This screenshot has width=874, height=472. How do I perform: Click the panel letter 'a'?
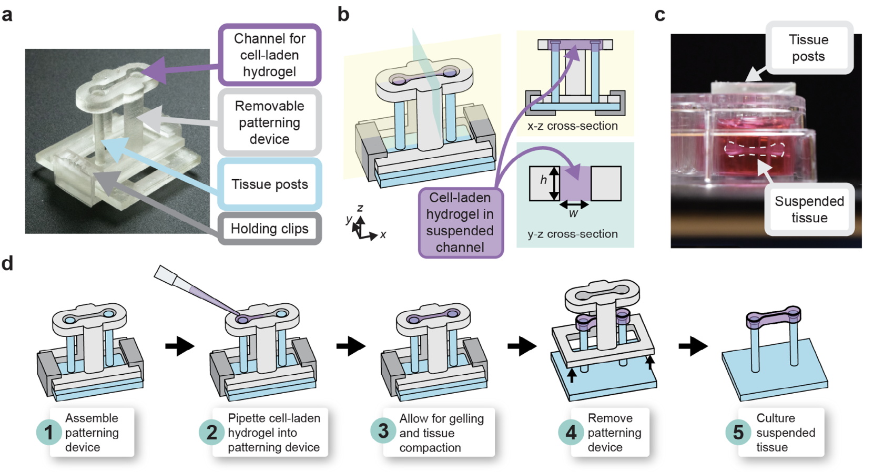point(7,15)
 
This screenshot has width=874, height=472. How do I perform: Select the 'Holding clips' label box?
point(269,229)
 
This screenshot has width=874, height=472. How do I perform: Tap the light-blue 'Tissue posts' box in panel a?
point(269,184)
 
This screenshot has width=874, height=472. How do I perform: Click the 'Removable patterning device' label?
point(269,122)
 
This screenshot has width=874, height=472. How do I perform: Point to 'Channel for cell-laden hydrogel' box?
point(269,55)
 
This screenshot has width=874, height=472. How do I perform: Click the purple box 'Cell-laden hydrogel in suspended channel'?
point(460,222)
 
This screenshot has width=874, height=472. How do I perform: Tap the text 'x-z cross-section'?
point(572,126)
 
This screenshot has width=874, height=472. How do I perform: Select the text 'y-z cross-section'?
point(572,234)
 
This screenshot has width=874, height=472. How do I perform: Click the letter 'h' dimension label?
point(543,180)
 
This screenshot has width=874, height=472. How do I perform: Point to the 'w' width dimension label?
point(573,214)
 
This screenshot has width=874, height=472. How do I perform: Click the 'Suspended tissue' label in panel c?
point(809,209)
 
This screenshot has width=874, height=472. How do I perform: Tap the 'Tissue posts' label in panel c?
point(808,48)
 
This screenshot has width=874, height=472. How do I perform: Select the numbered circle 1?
point(49,432)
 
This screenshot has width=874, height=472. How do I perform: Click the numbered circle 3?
point(383,431)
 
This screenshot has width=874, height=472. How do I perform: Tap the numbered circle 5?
point(738,432)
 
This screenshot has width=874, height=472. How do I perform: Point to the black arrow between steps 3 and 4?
point(521,346)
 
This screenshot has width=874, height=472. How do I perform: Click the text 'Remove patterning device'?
point(614,433)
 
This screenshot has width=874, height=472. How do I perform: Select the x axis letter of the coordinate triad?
point(383,234)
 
